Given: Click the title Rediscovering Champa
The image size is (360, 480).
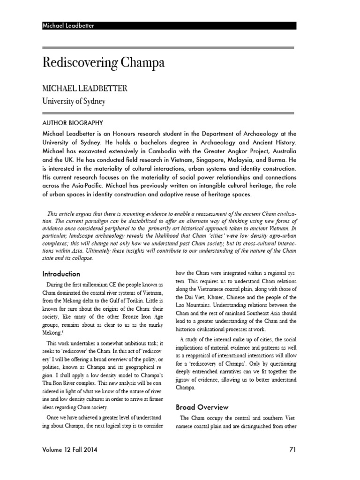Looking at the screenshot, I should coord(104,62).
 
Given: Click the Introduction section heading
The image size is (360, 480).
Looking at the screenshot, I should coord(61,274).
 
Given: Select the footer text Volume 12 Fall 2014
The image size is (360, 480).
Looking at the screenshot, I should coord(72,450).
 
